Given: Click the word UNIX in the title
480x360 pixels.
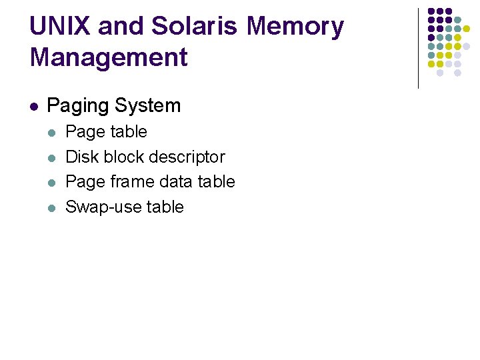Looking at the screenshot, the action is (59, 27).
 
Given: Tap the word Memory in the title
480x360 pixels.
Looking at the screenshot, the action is (295, 27).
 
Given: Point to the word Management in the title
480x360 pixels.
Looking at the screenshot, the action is (109, 57).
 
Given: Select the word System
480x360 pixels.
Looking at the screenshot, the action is (147, 105).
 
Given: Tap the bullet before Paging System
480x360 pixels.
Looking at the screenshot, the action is (34, 106).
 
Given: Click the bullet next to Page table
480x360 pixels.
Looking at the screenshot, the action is (53, 132).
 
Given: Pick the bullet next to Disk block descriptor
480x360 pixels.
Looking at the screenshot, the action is (53, 157).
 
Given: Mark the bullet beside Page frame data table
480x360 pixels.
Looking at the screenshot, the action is (53, 182).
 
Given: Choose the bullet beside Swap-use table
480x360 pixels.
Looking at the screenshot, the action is (53, 207).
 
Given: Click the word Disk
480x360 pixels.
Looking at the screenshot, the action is (79, 157).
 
